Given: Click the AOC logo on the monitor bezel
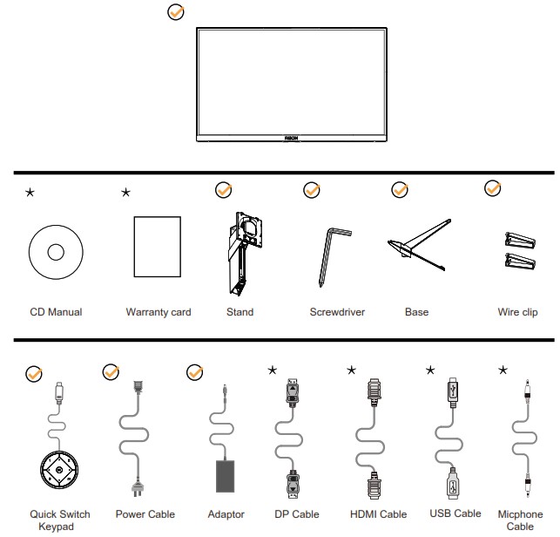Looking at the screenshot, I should pos(288,137).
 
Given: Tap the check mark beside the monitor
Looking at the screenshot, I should pos(175,13).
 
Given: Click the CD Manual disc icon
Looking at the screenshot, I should pos(55,252).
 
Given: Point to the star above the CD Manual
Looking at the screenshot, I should pos(30,192).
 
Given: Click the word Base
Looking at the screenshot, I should pos(416,312).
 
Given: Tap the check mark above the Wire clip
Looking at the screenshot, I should pos(492,188).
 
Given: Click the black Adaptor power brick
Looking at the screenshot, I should pos(230,476).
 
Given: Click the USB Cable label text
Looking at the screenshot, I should pos(455,513).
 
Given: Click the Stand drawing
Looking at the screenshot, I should pos(240,253).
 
